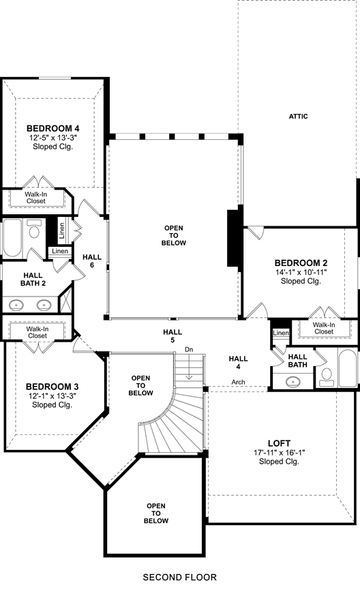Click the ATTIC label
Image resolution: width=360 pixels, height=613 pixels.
(298, 116)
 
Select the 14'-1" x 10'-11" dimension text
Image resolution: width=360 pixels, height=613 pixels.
(301, 272)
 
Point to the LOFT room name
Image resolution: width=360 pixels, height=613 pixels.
(279, 443)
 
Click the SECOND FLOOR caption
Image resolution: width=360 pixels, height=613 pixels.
(180, 577)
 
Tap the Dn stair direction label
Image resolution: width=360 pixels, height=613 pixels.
(189, 349)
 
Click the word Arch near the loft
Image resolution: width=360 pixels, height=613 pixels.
(238, 382)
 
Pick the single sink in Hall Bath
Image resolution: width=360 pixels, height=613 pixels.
(292, 380)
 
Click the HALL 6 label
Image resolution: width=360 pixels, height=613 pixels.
(92, 260)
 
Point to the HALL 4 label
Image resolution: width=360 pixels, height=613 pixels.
(238, 362)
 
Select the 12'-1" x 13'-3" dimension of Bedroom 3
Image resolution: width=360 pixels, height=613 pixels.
(52, 395)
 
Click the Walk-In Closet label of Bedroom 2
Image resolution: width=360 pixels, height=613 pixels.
(324, 328)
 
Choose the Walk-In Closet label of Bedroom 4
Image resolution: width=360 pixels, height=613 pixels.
(36, 198)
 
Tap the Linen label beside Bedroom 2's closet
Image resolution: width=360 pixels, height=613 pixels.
(281, 333)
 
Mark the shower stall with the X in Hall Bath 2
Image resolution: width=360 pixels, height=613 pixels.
(65, 299)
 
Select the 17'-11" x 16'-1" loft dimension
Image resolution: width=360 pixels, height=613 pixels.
(279, 453)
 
